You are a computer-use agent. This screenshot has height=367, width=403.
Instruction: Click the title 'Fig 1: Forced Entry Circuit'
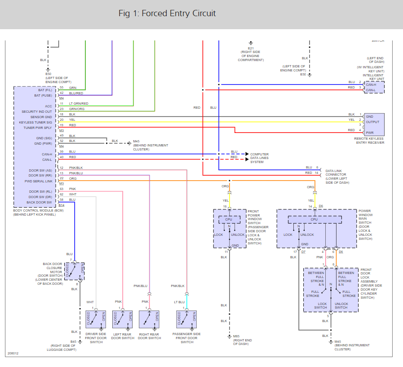[x=167, y=13]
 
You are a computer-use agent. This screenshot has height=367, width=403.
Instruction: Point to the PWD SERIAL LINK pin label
[x=39, y=181]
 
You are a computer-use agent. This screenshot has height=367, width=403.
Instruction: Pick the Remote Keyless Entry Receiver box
[x=374, y=124]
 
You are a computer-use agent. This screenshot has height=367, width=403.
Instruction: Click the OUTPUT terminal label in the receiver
[x=373, y=122]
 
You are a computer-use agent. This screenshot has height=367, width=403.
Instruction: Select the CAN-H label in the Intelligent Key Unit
[x=371, y=84]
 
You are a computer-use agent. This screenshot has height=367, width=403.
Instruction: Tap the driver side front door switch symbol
[x=96, y=319]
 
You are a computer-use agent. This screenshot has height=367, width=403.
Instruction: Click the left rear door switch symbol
[x=123, y=319]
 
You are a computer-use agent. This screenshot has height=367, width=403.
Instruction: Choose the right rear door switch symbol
[x=150, y=319]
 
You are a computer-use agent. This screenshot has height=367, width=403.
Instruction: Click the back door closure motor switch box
[x=74, y=271]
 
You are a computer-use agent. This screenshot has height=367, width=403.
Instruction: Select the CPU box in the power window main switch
[x=314, y=220]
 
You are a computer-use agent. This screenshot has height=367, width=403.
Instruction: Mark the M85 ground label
[x=236, y=336]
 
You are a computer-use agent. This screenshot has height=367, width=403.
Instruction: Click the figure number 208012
[x=13, y=353]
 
